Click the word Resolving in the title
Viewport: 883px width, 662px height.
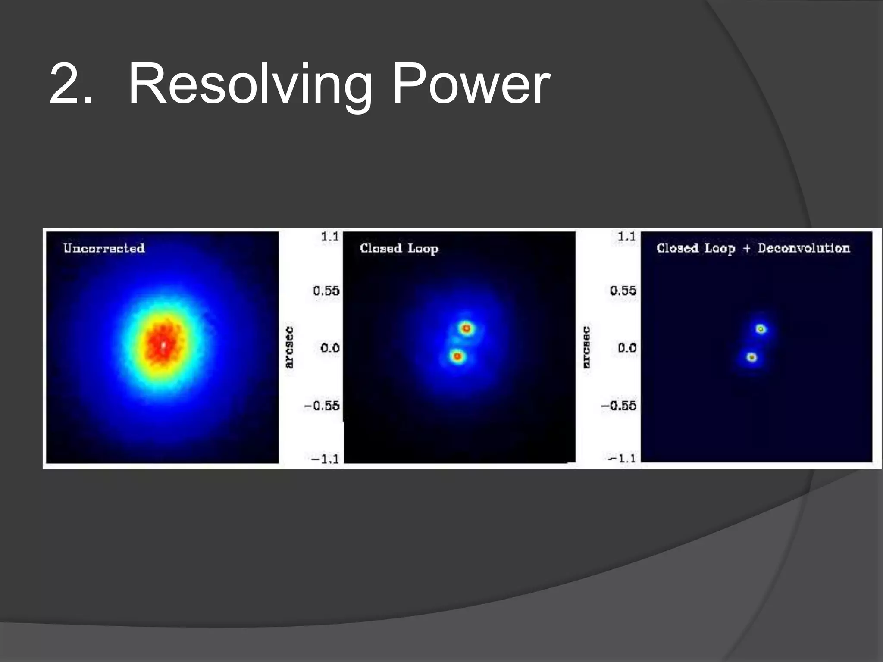coord(250,84)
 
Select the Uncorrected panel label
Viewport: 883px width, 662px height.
coord(104,248)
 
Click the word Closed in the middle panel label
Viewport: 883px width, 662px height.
coord(380,248)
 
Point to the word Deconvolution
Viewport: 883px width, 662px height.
coord(804,248)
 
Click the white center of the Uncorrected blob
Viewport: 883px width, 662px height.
coord(163,345)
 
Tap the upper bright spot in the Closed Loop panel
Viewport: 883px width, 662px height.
coord(466,328)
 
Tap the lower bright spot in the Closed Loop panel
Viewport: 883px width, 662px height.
coord(457,356)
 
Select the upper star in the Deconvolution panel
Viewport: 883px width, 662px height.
coord(761,329)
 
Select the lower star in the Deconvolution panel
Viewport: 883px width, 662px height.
coord(752,357)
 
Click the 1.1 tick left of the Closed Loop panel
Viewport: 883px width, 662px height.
coord(330,237)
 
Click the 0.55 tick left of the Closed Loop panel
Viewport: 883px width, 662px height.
coord(326,291)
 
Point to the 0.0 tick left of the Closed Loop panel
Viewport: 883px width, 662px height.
coord(330,348)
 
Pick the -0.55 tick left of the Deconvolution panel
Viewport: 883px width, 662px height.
coord(619,406)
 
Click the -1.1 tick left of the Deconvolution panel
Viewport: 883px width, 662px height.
coord(622,458)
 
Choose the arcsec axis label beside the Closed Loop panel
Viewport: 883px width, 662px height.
coord(289,347)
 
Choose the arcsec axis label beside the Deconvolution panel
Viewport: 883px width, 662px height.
coord(586,347)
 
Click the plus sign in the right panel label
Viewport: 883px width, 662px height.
coord(746,249)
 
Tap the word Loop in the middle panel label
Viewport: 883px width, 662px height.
coord(423,249)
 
